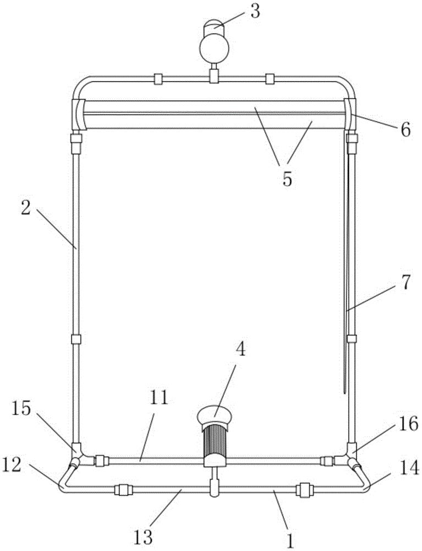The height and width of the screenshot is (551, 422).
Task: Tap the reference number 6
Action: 405,130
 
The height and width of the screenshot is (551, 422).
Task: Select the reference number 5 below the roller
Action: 287,180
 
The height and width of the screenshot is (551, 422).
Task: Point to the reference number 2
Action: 26,208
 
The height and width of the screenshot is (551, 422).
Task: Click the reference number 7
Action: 405,284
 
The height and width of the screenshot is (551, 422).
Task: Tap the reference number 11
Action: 160,400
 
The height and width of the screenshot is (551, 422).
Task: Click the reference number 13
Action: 143,537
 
